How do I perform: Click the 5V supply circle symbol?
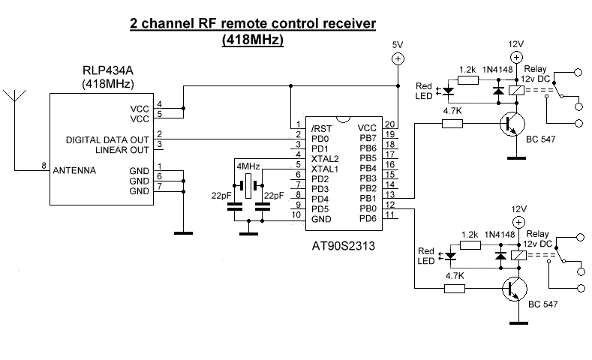point(398,58)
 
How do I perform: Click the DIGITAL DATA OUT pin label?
point(107,139)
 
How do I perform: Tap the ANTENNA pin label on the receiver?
point(74,170)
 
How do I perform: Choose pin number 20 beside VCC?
point(389,125)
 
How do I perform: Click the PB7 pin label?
point(367,138)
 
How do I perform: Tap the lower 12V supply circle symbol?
point(517,223)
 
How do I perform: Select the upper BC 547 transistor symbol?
point(512,125)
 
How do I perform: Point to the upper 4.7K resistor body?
point(452,124)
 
